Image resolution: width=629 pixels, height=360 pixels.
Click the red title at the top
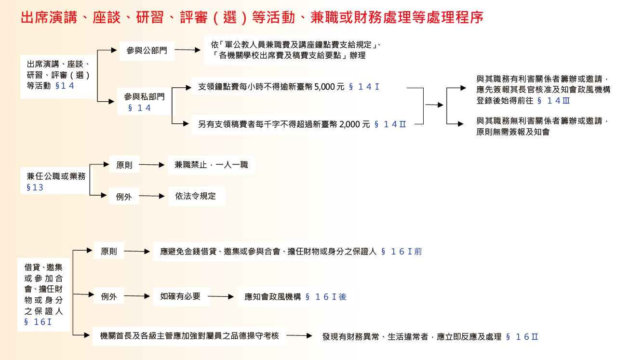pyautogui.click(x=252, y=17)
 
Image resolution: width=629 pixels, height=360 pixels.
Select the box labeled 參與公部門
pyautogui.click(x=147, y=51)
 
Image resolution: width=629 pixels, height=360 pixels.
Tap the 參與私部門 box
pyautogui.click(x=144, y=101)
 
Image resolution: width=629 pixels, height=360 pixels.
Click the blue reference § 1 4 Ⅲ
pyautogui.click(x=553, y=101)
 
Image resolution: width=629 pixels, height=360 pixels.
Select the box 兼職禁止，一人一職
pyautogui.click(x=212, y=165)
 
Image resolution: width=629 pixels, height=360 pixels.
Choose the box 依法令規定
pyautogui.click(x=197, y=196)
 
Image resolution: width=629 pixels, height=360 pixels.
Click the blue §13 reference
pyautogui.click(x=35, y=187)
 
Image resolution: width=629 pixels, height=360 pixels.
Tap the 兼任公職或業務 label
pyautogui.click(x=56, y=176)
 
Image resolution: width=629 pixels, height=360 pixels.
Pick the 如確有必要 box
pyautogui.click(x=181, y=296)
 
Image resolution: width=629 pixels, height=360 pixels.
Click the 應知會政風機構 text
pyautogui.click(x=273, y=297)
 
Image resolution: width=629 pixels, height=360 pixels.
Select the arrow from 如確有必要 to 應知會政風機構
pyautogui.click(x=221, y=296)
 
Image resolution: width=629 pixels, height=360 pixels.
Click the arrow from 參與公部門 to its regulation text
pyautogui.click(x=187, y=50)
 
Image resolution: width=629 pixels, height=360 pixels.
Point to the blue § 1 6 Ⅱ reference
pyautogui.click(x=522, y=337)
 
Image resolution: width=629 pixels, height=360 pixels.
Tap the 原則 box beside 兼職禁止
pyautogui.click(x=124, y=164)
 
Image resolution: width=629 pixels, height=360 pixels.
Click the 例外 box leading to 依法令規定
pyautogui.click(x=124, y=196)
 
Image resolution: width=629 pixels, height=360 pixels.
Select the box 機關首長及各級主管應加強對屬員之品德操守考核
pyautogui.click(x=189, y=336)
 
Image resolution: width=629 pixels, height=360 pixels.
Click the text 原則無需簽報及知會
pyautogui.click(x=513, y=132)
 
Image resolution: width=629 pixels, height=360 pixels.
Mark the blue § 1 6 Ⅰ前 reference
pyautogui.click(x=401, y=252)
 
